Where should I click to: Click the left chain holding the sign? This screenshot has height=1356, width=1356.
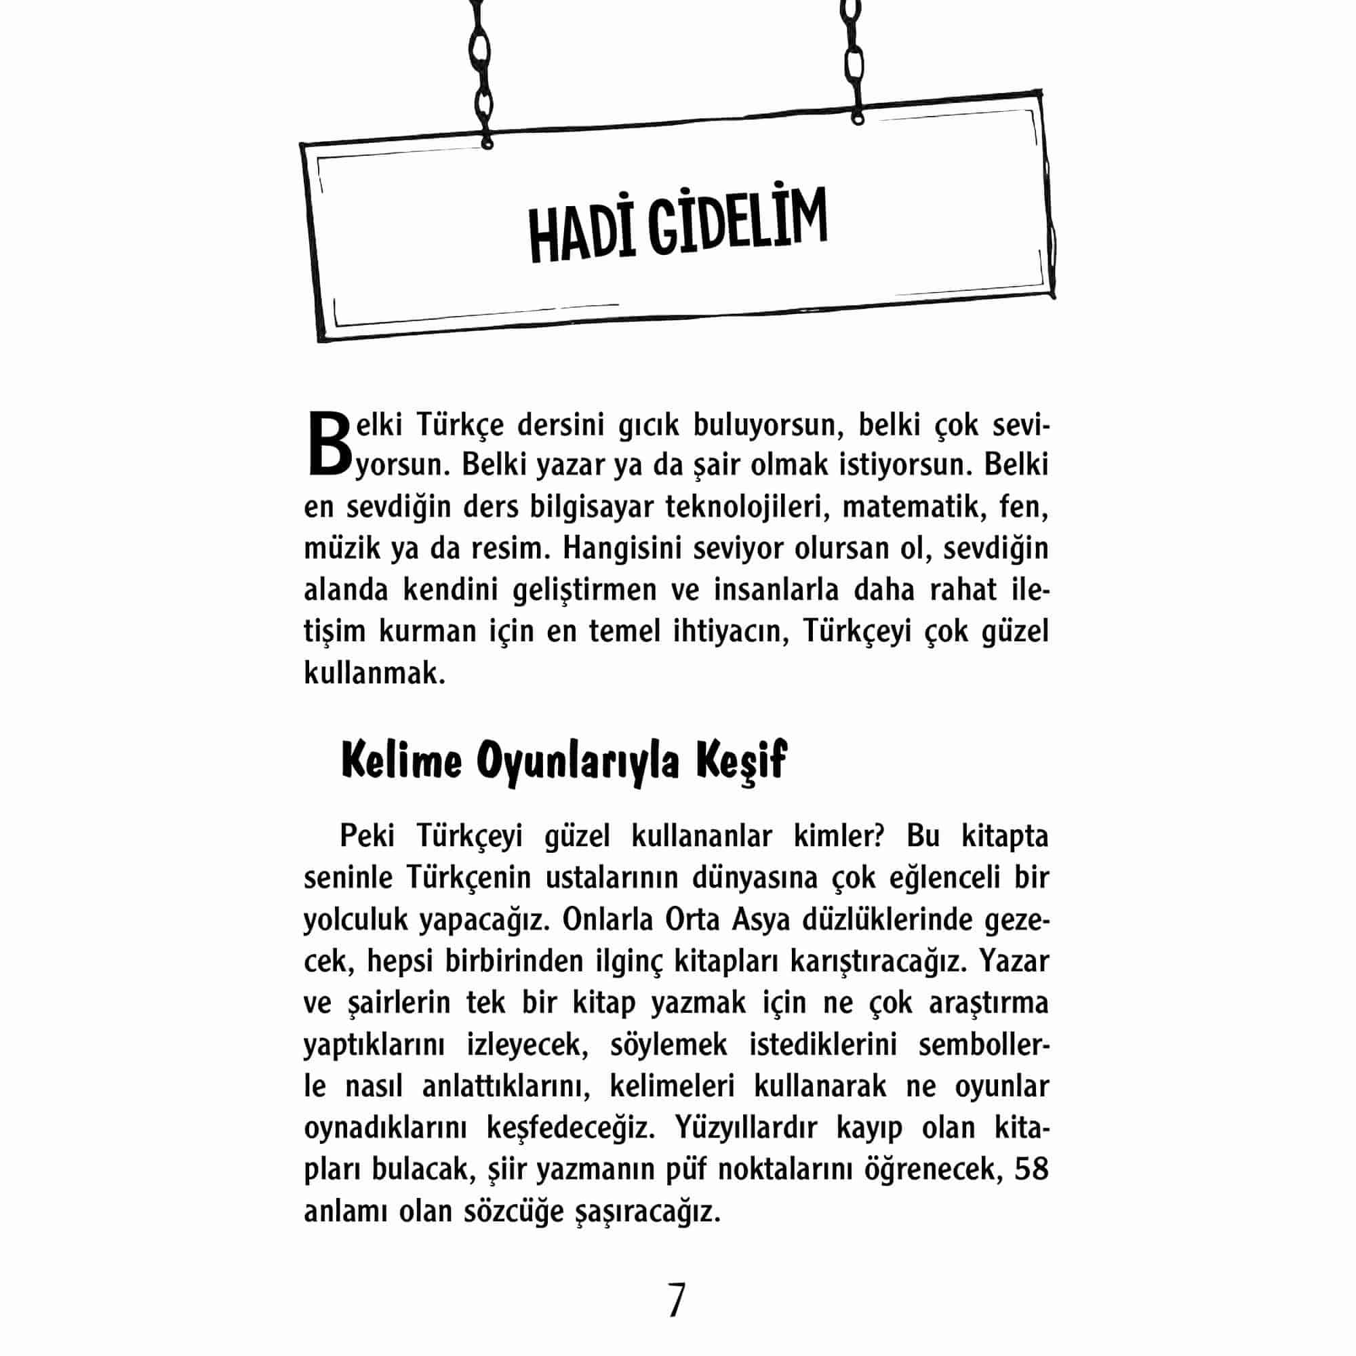pyautogui.click(x=480, y=71)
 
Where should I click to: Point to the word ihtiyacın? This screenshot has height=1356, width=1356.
pyautogui.click(x=706, y=632)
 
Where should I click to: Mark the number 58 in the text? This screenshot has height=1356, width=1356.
pyautogui.click(x=1031, y=1170)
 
